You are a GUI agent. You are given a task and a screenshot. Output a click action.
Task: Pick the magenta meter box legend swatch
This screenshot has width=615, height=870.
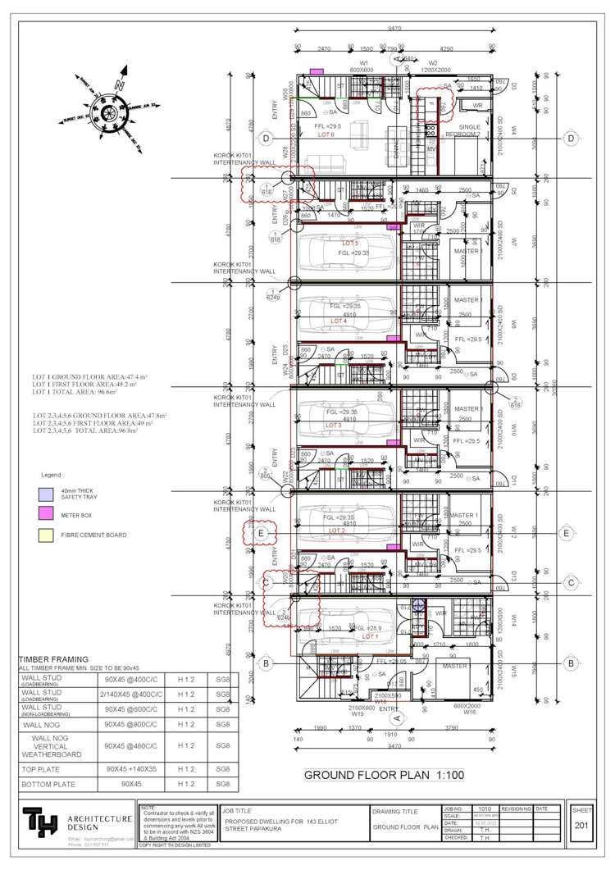click(x=45, y=517)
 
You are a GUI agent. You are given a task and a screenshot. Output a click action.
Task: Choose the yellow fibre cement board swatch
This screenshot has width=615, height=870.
click(x=45, y=536)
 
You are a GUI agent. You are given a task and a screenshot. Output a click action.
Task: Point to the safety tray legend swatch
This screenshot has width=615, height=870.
click(x=45, y=494)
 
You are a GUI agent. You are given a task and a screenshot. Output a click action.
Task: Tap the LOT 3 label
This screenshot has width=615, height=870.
click(x=334, y=426)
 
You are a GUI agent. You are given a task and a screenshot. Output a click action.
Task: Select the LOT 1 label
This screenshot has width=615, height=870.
click(x=370, y=635)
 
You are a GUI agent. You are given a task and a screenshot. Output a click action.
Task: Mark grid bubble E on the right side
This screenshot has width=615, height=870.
click(x=567, y=533)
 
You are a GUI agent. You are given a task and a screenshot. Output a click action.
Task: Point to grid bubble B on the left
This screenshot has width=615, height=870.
click(x=266, y=663)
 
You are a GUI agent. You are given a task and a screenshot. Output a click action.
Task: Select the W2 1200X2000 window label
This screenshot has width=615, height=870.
click(x=432, y=66)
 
